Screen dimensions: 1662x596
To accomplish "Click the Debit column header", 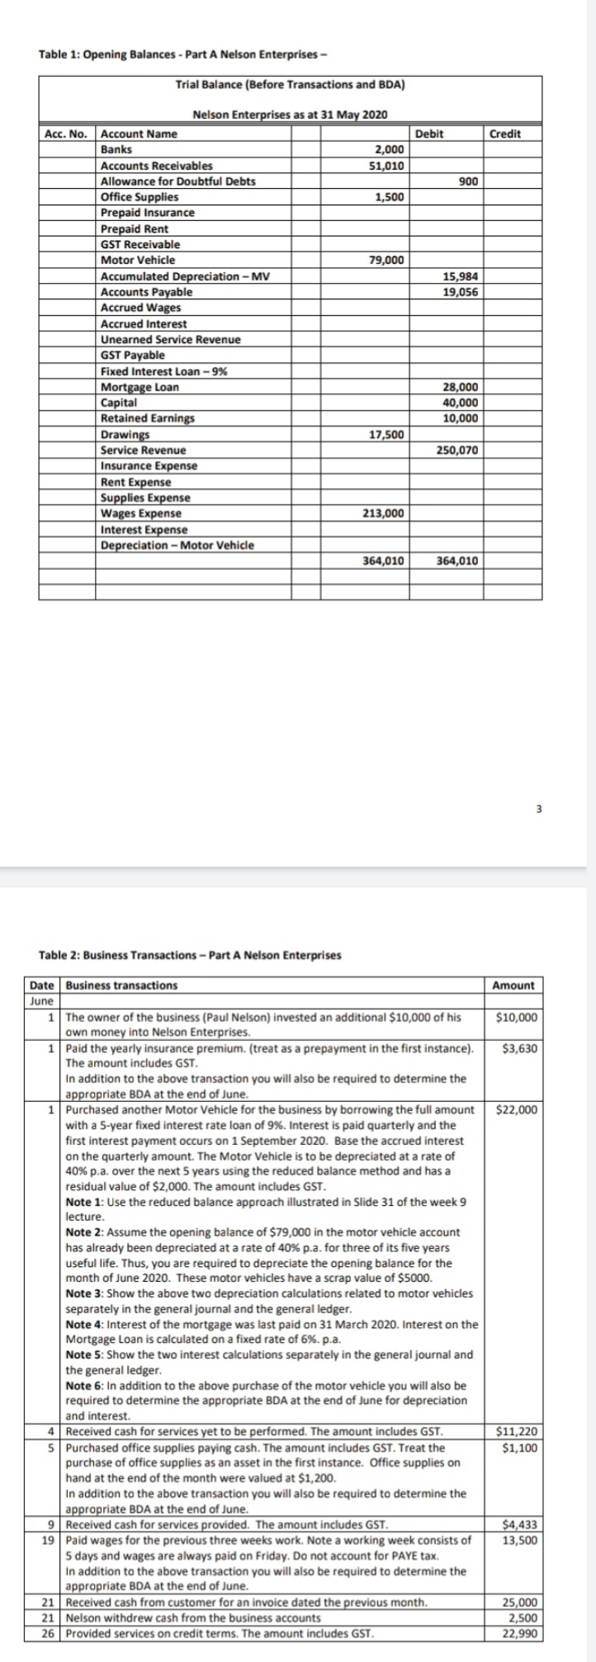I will [x=428, y=134].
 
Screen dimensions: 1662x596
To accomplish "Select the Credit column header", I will [x=504, y=134].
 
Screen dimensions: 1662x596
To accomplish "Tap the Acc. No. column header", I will [x=65, y=134].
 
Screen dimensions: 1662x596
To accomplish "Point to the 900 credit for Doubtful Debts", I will [x=467, y=181].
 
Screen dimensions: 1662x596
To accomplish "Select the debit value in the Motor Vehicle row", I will [x=385, y=261].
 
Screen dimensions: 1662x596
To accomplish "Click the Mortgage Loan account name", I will [x=140, y=388].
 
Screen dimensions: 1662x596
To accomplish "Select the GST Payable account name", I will [x=132, y=355].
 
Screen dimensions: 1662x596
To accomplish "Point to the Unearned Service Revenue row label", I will [x=170, y=340].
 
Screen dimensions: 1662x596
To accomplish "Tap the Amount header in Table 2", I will [x=513, y=986].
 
